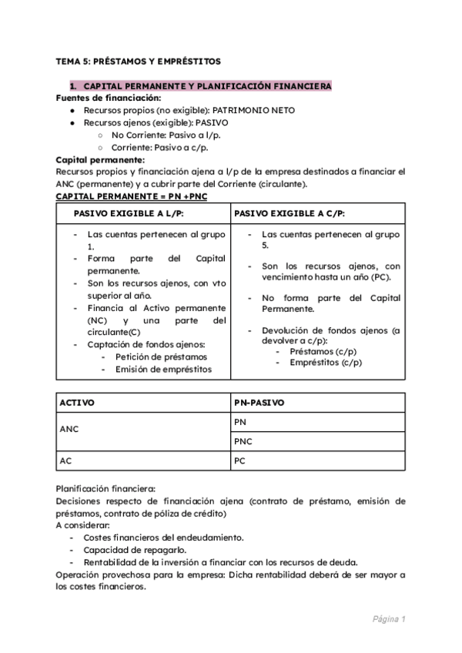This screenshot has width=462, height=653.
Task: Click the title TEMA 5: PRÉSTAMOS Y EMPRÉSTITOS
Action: [138, 60]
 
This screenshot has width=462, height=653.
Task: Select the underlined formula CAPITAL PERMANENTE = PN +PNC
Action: [132, 197]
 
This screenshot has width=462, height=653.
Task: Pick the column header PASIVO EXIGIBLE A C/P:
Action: [289, 213]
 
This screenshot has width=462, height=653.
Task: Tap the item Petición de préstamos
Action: [161, 357]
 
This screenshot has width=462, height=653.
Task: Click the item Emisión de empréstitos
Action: [163, 369]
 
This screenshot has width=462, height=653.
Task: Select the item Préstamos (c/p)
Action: [323, 351]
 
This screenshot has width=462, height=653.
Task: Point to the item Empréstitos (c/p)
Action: [326, 363]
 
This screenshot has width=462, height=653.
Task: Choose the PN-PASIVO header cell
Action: [259, 402]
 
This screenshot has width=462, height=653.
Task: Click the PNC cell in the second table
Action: [243, 441]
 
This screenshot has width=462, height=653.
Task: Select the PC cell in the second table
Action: [240, 460]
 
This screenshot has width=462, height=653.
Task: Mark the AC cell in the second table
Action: [65, 460]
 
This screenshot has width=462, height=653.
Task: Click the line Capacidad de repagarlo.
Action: [132, 550]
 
